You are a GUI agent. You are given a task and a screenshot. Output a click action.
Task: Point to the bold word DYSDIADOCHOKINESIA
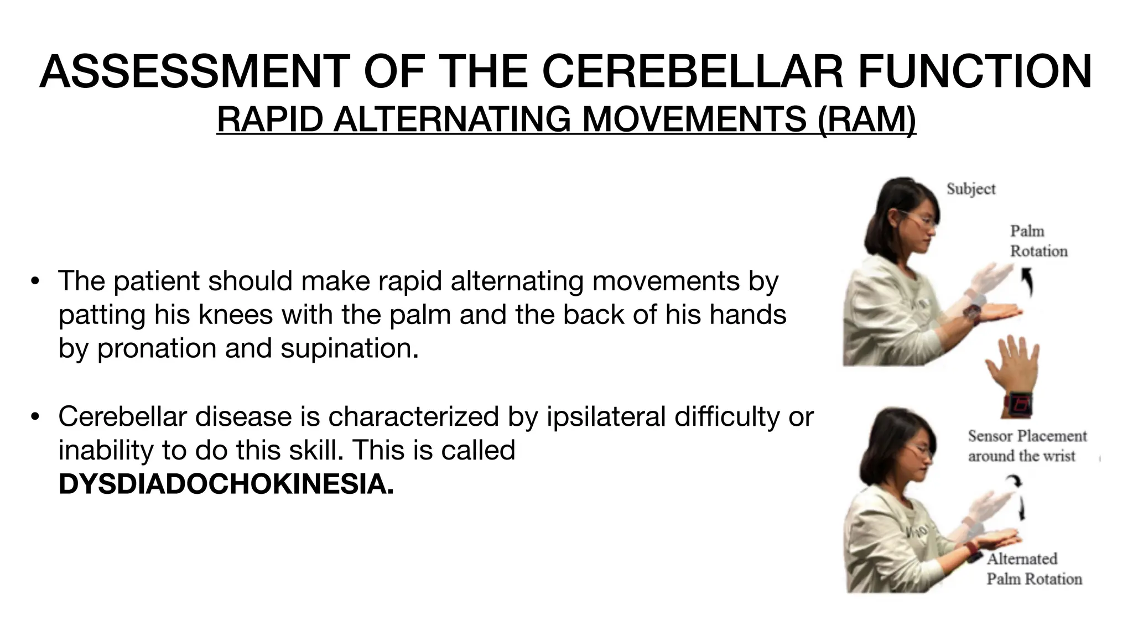[x=226, y=484]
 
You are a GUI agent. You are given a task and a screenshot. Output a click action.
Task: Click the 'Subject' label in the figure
[x=970, y=189]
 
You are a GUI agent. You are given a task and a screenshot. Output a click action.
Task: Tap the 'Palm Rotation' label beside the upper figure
[x=1038, y=241]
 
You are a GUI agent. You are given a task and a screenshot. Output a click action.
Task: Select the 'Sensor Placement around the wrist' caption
[x=1027, y=446]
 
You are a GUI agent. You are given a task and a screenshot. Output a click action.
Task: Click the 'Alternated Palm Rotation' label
[x=1033, y=568]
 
